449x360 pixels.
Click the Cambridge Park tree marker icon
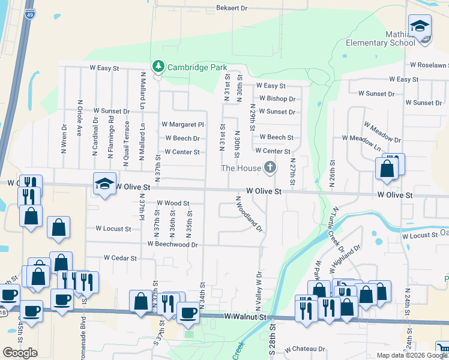(158, 65)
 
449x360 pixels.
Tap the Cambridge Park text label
(197, 67)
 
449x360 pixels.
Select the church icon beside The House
(270, 168)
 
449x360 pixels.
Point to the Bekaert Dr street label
(232, 9)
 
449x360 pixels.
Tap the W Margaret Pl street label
(183, 125)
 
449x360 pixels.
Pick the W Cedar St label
(121, 258)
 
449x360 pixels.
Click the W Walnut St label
(244, 316)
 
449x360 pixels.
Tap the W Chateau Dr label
(305, 349)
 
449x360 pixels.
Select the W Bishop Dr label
(277, 99)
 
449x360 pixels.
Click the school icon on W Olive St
(104, 184)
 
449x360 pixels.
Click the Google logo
(20, 353)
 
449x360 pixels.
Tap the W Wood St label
(173, 204)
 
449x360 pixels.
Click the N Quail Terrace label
(127, 138)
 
